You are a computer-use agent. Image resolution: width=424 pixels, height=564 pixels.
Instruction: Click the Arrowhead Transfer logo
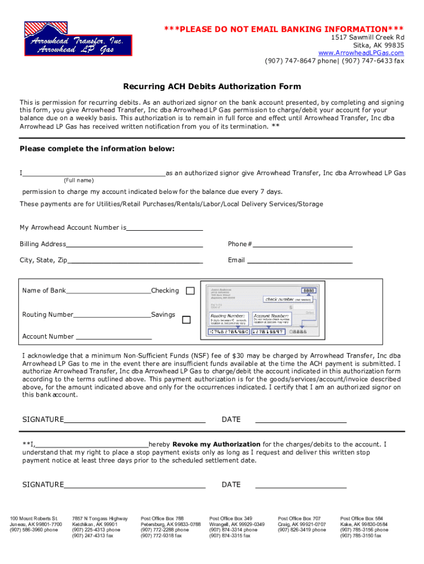[x=78, y=39]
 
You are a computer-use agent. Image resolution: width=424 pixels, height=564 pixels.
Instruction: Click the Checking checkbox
[x=190, y=291]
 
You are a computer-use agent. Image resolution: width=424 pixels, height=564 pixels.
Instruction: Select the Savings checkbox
[x=187, y=319]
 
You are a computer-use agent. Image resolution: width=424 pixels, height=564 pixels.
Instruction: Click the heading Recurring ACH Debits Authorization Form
[x=212, y=86]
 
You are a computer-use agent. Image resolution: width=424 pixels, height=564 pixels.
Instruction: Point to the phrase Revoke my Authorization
[x=216, y=444]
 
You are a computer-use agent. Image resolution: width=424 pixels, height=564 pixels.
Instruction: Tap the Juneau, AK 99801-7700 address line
[x=36, y=524]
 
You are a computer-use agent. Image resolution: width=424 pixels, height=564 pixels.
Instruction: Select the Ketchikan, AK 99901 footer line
[x=95, y=524]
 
